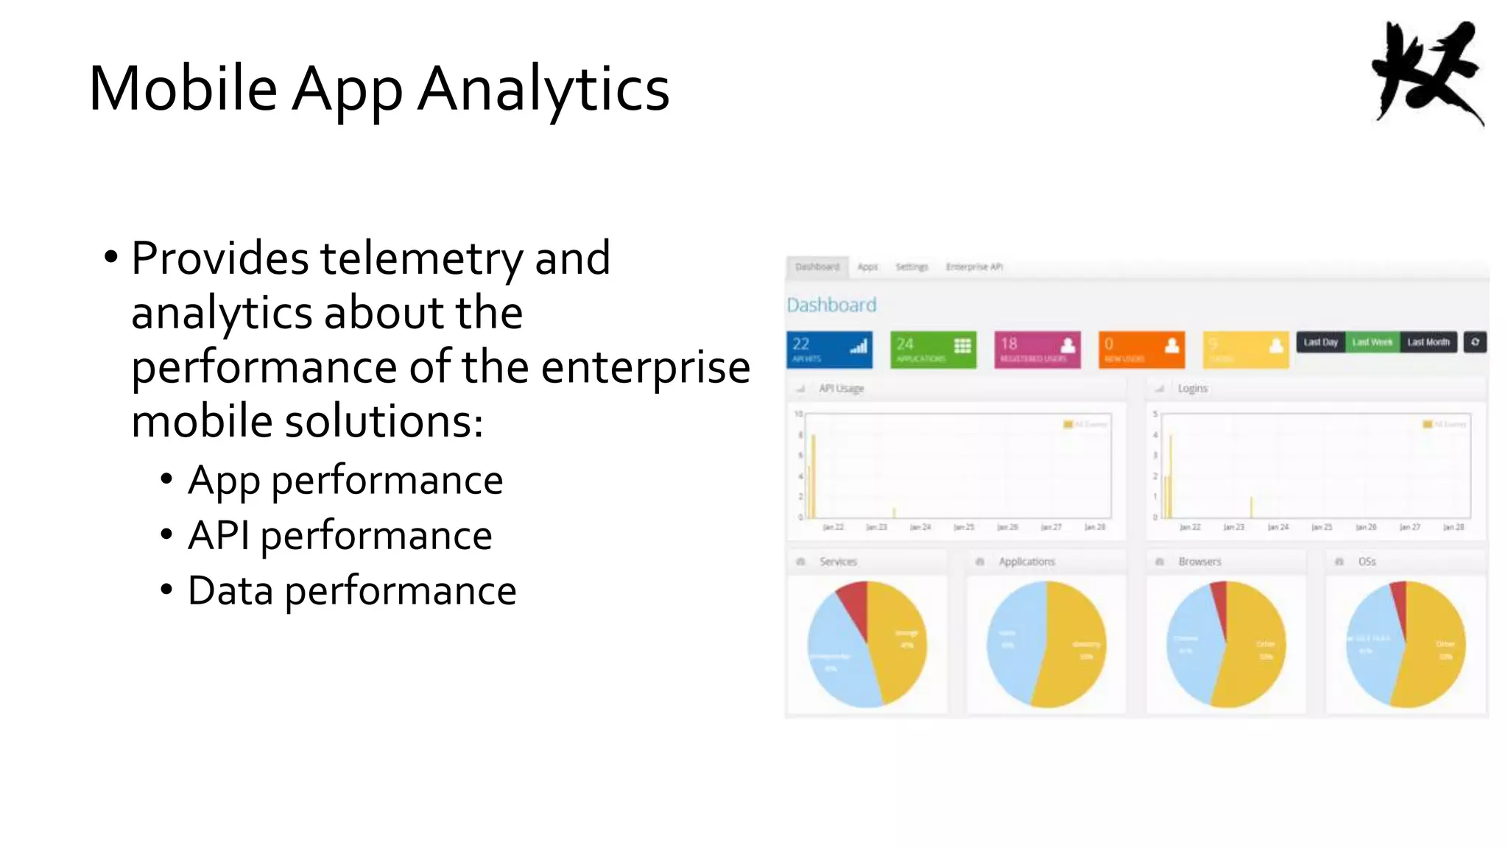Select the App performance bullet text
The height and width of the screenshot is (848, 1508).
[x=345, y=481]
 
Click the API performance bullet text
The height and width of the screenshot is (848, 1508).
[x=339, y=536]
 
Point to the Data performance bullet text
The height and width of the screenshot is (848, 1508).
[x=351, y=591]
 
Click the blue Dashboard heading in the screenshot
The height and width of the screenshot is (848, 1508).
[x=831, y=305]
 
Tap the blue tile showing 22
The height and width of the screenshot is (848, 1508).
[x=829, y=350]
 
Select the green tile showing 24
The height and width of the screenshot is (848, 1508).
[x=933, y=350]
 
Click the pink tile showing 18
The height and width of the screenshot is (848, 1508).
[x=1037, y=350]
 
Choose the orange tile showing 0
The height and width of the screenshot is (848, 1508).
[x=1141, y=350]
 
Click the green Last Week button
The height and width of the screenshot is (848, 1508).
[x=1372, y=342]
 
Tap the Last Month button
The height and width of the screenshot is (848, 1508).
[x=1428, y=342]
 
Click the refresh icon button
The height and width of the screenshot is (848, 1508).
[x=1475, y=342]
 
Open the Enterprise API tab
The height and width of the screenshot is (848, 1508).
[x=974, y=267]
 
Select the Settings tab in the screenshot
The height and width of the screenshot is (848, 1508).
[x=912, y=267]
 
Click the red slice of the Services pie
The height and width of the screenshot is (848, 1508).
[x=854, y=604]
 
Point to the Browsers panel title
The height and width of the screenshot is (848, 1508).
[x=1199, y=562]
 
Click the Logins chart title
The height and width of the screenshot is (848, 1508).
[x=1192, y=388]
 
